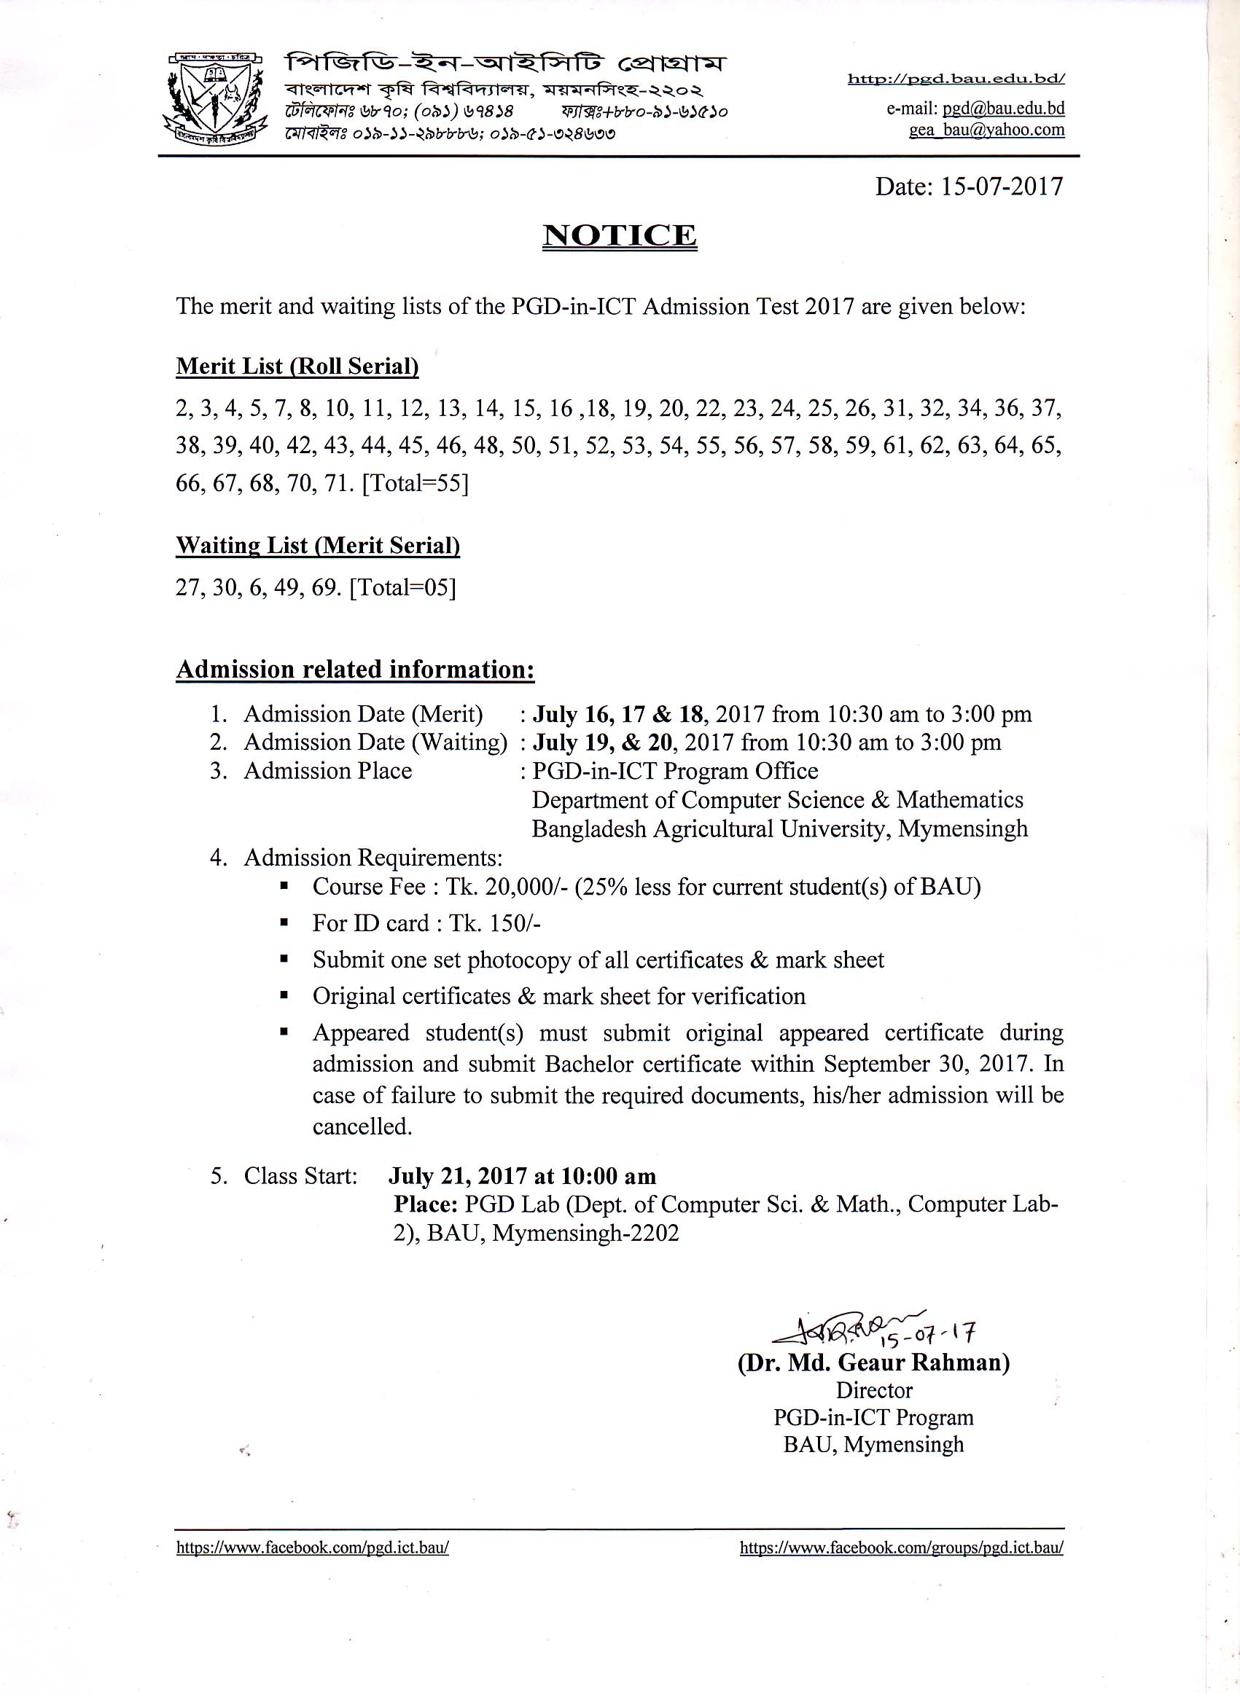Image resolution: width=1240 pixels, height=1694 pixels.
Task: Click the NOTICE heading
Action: (x=619, y=235)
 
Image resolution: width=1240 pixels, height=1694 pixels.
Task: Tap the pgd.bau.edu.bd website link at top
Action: (x=956, y=79)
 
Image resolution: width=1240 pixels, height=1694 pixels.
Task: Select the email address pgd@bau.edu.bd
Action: (x=1004, y=108)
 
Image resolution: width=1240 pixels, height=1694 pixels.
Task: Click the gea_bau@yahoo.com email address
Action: (x=986, y=129)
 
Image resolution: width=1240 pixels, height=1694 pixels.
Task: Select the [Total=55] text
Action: (x=415, y=483)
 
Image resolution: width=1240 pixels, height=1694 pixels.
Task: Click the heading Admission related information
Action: (x=355, y=669)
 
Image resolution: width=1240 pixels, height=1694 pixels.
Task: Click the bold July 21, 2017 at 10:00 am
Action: (x=522, y=1175)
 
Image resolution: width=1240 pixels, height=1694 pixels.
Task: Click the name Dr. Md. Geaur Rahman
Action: (x=874, y=1362)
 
